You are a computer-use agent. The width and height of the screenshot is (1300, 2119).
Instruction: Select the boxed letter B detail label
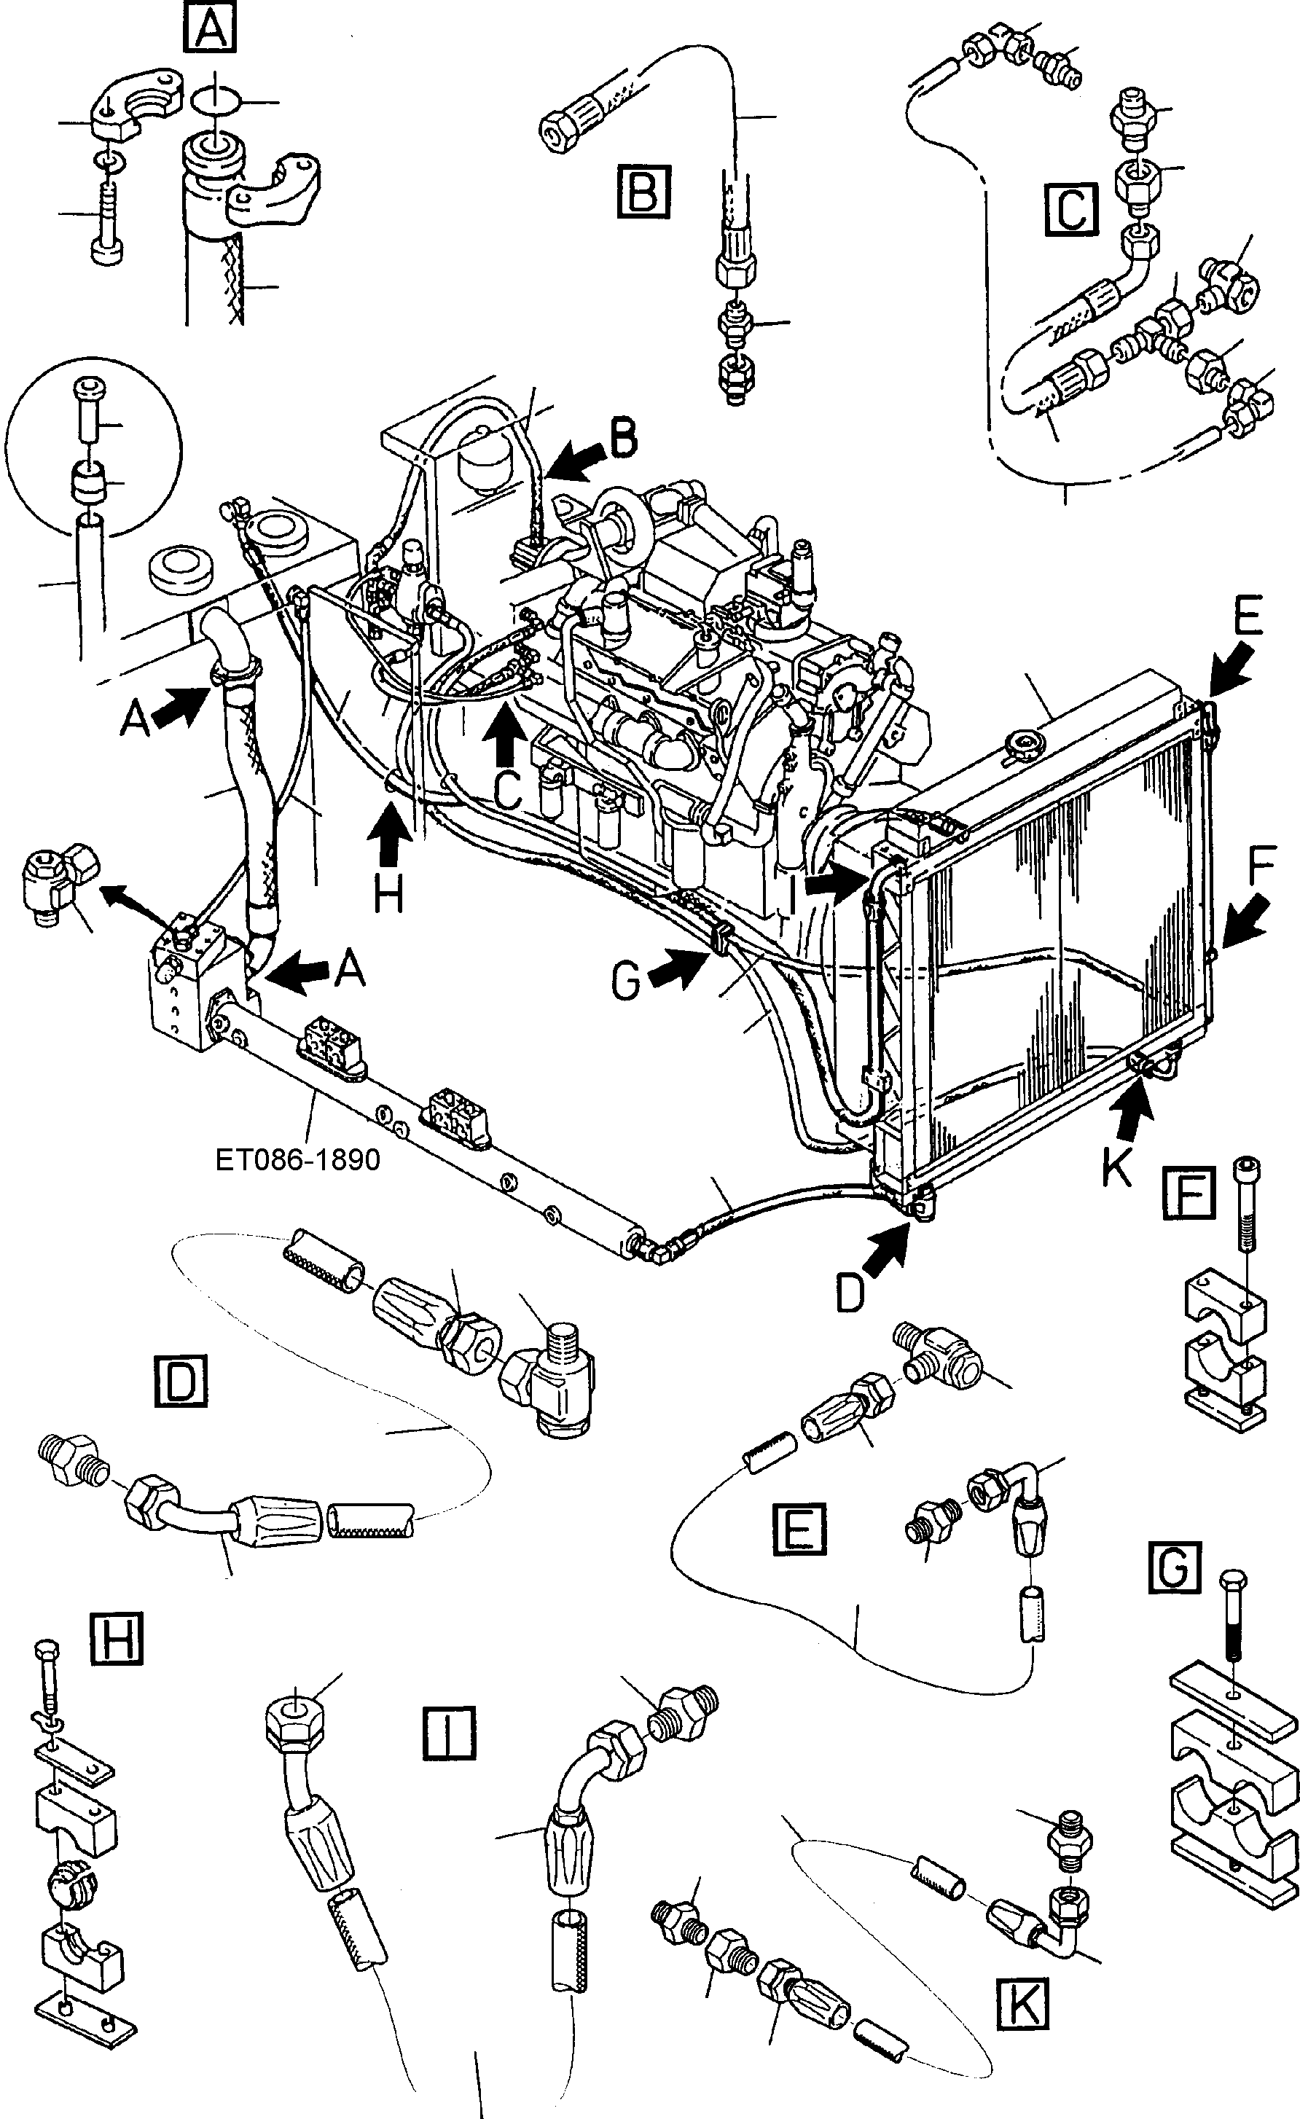[x=643, y=192]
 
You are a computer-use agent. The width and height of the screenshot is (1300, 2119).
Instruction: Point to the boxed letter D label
[x=181, y=1380]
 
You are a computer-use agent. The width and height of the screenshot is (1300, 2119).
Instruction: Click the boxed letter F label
[x=1189, y=1193]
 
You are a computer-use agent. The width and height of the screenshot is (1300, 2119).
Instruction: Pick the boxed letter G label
[x=1175, y=1567]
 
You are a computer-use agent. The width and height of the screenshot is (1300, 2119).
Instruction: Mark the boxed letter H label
[x=115, y=1638]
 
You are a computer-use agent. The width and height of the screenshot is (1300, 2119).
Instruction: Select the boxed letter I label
[x=449, y=1733]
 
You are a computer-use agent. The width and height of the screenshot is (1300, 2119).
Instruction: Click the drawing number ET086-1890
[x=297, y=1159]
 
